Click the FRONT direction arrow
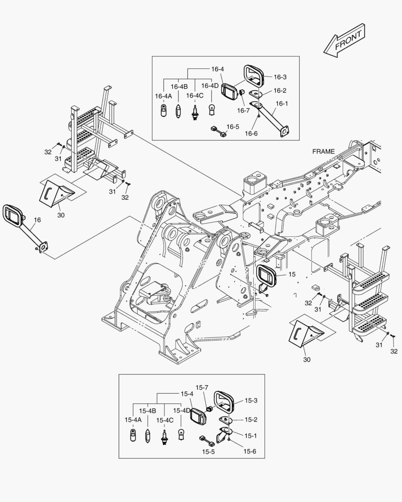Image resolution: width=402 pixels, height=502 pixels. click(x=344, y=40)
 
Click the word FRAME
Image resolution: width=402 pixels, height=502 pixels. click(x=323, y=152)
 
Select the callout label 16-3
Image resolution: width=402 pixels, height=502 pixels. click(x=280, y=77)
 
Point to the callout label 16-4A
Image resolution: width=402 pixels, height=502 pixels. click(x=163, y=96)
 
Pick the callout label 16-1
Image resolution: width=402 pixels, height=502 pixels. click(x=281, y=104)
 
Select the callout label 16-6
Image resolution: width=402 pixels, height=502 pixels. click(x=251, y=133)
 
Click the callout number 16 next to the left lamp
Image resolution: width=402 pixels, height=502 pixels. click(x=37, y=220)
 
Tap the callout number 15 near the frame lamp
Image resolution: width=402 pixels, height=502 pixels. click(x=292, y=275)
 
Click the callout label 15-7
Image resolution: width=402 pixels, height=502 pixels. click(x=202, y=387)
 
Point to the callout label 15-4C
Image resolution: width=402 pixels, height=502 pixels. click(x=165, y=420)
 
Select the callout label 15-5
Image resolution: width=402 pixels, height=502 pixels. click(x=208, y=451)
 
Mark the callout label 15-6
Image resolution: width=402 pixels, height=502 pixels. click(x=250, y=451)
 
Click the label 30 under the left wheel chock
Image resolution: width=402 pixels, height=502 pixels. click(x=61, y=215)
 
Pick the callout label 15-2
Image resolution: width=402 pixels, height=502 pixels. click(x=251, y=420)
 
